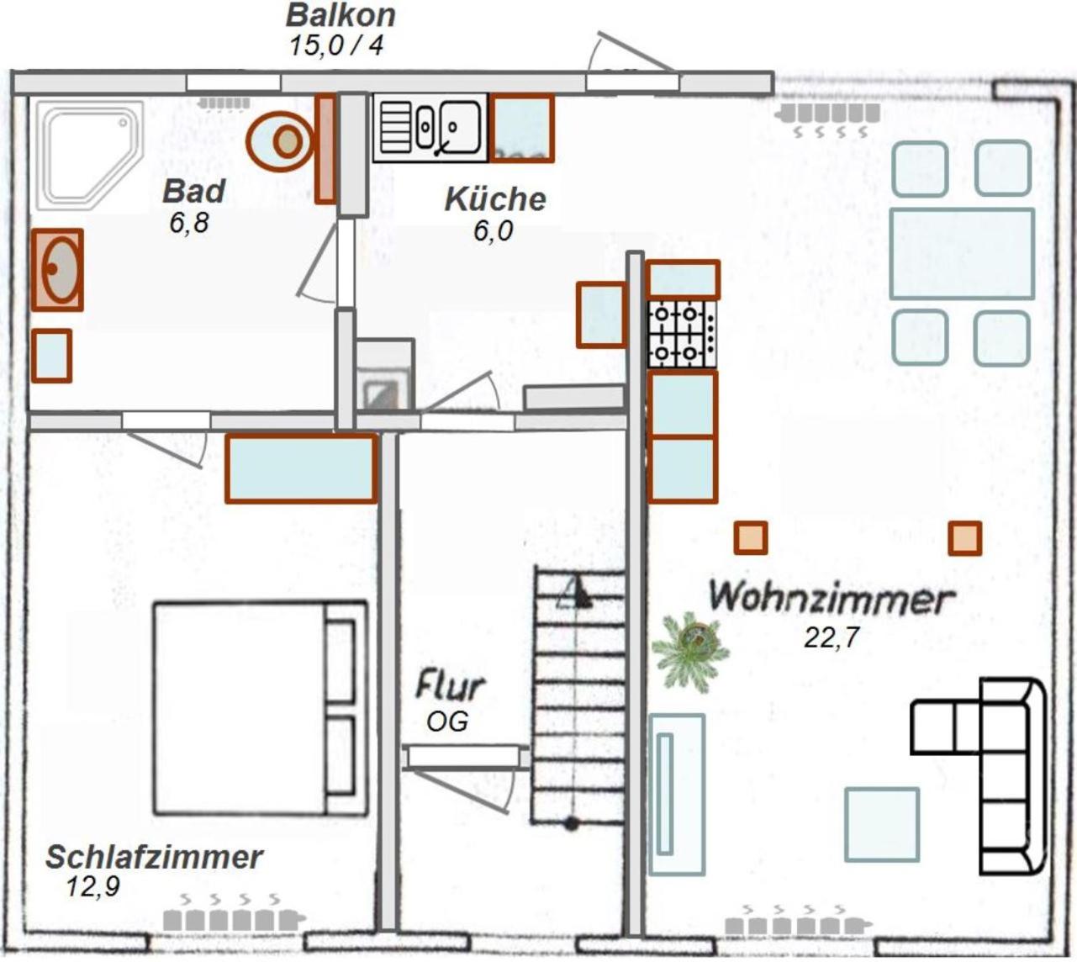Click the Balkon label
pos(341,15)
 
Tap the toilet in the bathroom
pos(280,141)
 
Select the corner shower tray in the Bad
pos(90,154)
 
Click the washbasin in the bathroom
pos(57,270)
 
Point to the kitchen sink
pos(430,128)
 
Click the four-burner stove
pos(682,334)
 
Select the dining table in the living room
pos(962,254)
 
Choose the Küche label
pos(495,199)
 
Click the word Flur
pos(449,685)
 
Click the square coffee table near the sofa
pos(882,832)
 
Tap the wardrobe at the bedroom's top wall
pos(302,468)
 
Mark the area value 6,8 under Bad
pos(189,223)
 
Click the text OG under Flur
pos(447,721)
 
